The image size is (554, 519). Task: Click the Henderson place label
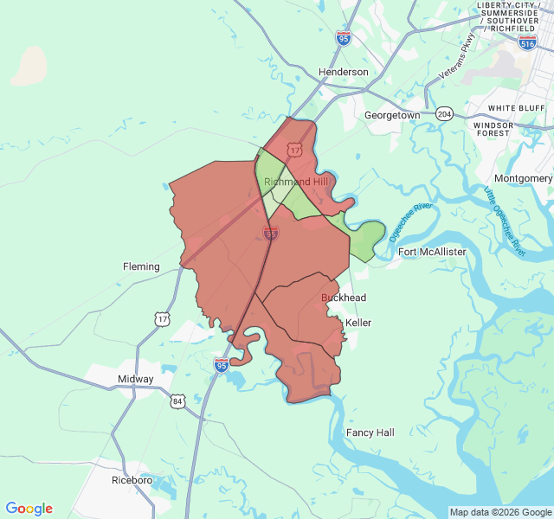click(343, 72)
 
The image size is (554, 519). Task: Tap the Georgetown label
click(392, 115)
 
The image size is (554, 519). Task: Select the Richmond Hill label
click(297, 182)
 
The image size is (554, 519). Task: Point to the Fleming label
click(141, 266)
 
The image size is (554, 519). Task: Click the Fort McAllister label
click(432, 252)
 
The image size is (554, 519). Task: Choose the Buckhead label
click(344, 298)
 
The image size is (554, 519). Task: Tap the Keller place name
click(358, 323)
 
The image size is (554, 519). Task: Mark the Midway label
click(136, 379)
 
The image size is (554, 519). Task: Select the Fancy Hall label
click(370, 432)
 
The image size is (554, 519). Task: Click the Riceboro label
click(132, 479)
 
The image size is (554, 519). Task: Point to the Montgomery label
click(523, 178)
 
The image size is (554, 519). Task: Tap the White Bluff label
click(515, 108)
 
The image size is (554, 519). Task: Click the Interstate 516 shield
click(527, 42)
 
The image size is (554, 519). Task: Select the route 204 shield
click(445, 113)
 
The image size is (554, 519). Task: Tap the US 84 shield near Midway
click(177, 401)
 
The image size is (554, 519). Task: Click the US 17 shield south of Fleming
click(163, 319)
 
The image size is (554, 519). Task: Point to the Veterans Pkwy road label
click(457, 58)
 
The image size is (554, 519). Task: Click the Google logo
click(29, 509)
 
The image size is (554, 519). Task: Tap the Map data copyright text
click(500, 512)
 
